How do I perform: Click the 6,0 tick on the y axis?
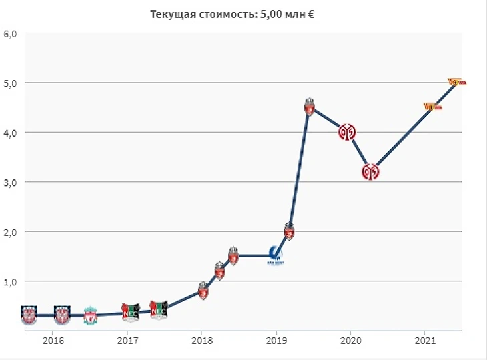pyautogui.click(x=11, y=34)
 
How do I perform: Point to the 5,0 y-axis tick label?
pyautogui.click(x=11, y=83)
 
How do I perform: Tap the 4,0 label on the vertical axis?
pyautogui.click(x=11, y=133)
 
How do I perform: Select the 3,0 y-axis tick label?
pyautogui.click(x=11, y=182)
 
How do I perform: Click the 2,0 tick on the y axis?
pyautogui.click(x=11, y=232)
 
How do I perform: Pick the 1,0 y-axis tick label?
pyautogui.click(x=11, y=281)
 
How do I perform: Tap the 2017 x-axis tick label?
pyautogui.click(x=127, y=341)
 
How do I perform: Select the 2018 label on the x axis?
pyautogui.click(x=201, y=341)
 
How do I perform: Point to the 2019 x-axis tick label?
pyautogui.click(x=275, y=341)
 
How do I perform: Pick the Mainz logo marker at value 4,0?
pyautogui.click(x=346, y=132)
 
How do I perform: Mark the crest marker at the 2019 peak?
pyautogui.click(x=310, y=107)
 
